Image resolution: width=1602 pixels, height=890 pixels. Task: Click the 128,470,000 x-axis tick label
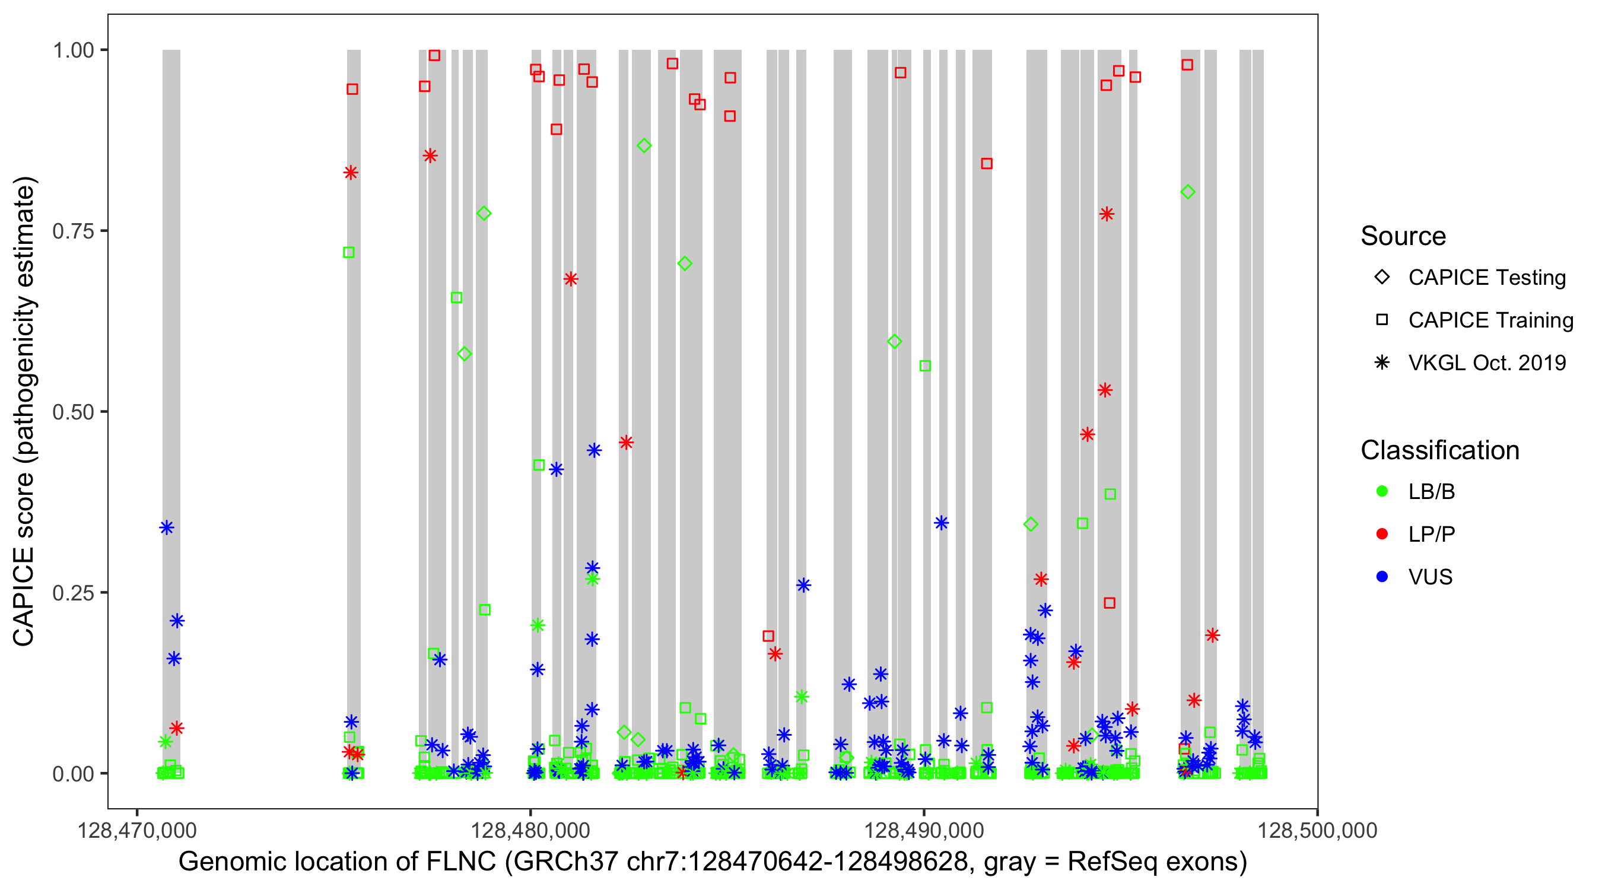[137, 830]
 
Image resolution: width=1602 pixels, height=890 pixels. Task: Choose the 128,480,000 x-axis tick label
[530, 830]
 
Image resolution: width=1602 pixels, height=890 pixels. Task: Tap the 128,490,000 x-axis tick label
[924, 830]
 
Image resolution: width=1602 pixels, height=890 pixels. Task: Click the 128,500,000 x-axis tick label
[1317, 830]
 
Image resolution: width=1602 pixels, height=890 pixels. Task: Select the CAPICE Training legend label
[1490, 320]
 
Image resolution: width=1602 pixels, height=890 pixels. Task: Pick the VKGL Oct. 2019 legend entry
[1487, 363]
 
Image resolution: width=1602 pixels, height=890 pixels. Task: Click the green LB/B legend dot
[1382, 491]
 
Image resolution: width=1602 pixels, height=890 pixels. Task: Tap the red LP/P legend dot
[1382, 534]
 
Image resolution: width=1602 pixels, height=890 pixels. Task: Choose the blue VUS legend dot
[1382, 577]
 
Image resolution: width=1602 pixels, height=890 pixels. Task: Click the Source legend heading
[1403, 236]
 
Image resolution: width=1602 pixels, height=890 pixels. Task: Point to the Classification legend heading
[1439, 450]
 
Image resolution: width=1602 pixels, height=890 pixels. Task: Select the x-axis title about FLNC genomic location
[713, 862]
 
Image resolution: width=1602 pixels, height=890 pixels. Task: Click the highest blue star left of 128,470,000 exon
[167, 527]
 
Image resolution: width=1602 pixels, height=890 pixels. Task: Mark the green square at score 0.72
[349, 253]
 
